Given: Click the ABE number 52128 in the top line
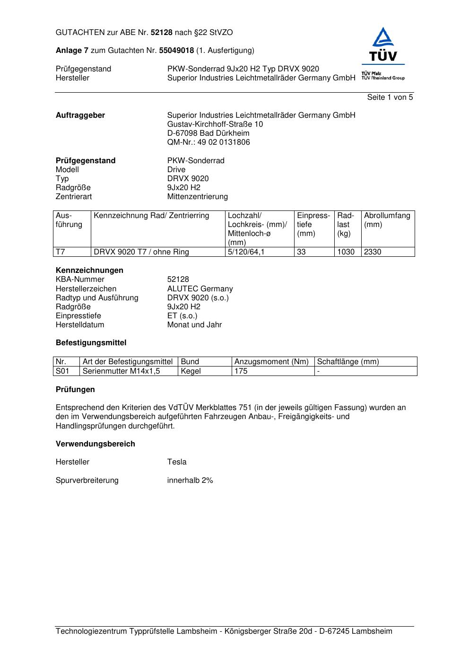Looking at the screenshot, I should pyautogui.click(x=162, y=33).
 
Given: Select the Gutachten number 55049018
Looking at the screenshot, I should pyautogui.click(x=176, y=50).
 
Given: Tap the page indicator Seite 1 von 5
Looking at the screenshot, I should pyautogui.click(x=390, y=97).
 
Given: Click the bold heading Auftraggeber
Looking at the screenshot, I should pyautogui.click(x=80, y=115).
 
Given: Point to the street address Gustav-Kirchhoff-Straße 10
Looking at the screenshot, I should pyautogui.click(x=215, y=124).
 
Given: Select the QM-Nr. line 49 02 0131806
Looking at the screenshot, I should pyautogui.click(x=208, y=142).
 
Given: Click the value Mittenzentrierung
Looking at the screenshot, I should pyautogui.click(x=197, y=197).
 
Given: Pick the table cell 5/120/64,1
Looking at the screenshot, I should pyautogui.click(x=246, y=252).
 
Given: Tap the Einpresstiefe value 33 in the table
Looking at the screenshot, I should pyautogui.click(x=301, y=252).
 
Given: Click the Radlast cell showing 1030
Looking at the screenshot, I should pyautogui.click(x=346, y=252).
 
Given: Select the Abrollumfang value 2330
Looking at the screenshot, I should pyautogui.click(x=372, y=252).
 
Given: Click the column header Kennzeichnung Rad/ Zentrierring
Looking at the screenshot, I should pyautogui.click(x=151, y=216).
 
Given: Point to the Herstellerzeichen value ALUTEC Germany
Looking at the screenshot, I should pyautogui.click(x=200, y=289).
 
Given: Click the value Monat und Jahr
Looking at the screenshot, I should pyautogui.click(x=194, y=325).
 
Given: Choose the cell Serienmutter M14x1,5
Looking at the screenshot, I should pyautogui.click(x=121, y=371).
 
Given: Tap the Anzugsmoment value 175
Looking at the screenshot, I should pyautogui.click(x=241, y=371).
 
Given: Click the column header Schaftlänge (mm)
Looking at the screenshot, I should pyautogui.click(x=347, y=362).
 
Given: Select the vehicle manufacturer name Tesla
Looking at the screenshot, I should pyautogui.click(x=177, y=462).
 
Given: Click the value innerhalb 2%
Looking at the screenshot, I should pyautogui.click(x=190, y=481).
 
